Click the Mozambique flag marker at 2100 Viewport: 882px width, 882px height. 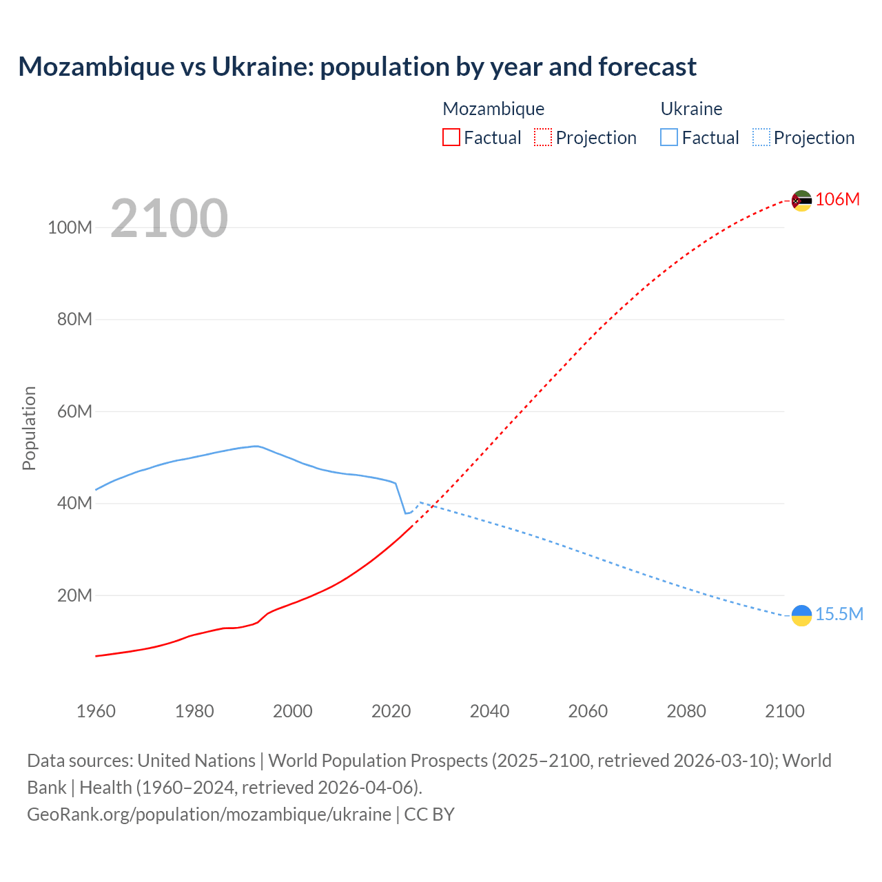point(801,201)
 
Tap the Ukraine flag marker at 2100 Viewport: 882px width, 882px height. point(801,615)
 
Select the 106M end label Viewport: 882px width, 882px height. point(837,199)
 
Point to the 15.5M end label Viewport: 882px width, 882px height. point(839,614)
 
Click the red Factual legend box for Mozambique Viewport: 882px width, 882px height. point(451,137)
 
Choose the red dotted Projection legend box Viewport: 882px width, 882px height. point(543,137)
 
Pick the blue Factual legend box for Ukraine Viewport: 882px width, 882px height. point(669,137)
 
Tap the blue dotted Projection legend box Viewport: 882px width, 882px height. point(761,137)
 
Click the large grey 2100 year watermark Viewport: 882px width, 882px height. point(169,218)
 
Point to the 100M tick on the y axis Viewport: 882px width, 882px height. point(70,227)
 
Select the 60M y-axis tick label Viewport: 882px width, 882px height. point(74,411)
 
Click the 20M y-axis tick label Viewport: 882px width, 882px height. point(74,595)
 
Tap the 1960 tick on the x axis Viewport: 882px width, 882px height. point(96,711)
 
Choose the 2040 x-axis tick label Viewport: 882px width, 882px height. point(489,711)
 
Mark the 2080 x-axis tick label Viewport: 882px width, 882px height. point(686,711)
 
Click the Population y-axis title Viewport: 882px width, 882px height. point(29,428)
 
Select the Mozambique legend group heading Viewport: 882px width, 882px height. point(493,109)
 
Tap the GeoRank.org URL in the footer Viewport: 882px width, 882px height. point(209,814)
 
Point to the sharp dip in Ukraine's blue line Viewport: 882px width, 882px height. point(406,513)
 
